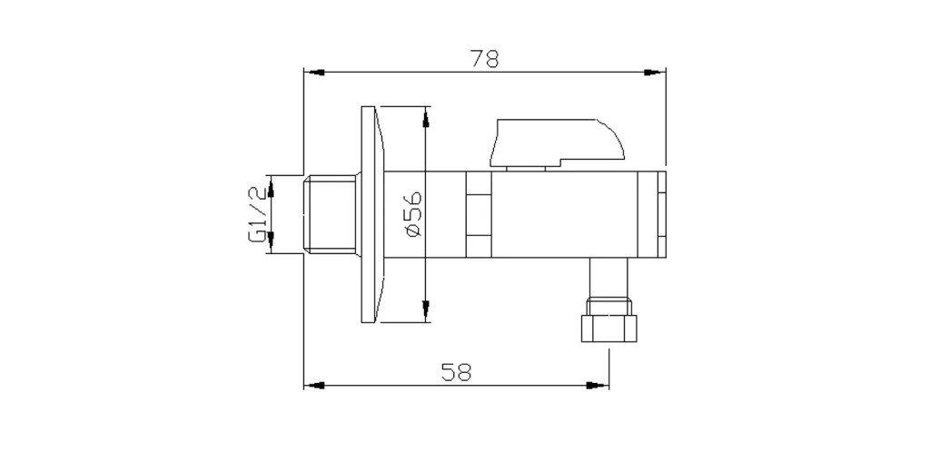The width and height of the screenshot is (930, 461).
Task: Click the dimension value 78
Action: [x=485, y=59]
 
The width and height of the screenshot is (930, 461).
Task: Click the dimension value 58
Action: [x=456, y=372]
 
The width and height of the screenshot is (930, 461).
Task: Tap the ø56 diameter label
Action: [x=414, y=214]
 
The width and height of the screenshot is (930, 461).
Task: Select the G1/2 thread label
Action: [x=257, y=214]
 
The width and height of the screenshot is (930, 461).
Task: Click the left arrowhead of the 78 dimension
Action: [x=314, y=73]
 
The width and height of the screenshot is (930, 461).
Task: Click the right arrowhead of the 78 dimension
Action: [x=655, y=73]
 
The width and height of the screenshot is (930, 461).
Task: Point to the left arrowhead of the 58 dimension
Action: [x=314, y=385]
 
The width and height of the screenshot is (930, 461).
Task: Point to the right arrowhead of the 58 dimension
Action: [x=598, y=385]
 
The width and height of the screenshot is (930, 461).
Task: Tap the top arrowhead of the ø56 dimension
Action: [x=425, y=117]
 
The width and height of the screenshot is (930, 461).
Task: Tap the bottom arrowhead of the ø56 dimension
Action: [x=425, y=311]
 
